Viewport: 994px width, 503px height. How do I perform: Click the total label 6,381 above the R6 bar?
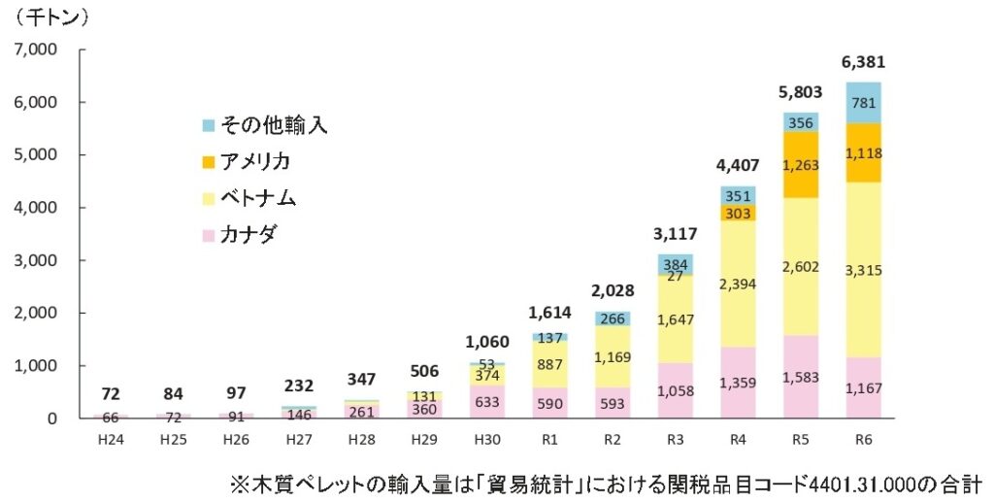[x=864, y=62]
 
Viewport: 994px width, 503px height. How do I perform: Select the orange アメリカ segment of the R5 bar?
[x=801, y=165]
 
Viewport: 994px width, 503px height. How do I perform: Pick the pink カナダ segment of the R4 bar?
[x=739, y=383]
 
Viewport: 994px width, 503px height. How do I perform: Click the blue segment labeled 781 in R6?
[x=864, y=103]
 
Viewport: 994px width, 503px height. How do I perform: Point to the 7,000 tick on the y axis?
[x=38, y=50]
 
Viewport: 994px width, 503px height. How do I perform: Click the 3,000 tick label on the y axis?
[x=38, y=260]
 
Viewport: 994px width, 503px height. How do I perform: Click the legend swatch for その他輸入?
[x=208, y=125]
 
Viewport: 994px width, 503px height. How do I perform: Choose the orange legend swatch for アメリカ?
[x=208, y=161]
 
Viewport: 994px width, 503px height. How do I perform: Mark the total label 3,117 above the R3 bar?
[x=676, y=232]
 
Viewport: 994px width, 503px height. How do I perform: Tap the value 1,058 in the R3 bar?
[x=676, y=391]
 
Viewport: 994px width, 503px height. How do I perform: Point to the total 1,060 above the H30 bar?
[x=487, y=341]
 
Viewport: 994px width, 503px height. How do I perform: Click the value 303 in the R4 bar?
[x=739, y=213]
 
